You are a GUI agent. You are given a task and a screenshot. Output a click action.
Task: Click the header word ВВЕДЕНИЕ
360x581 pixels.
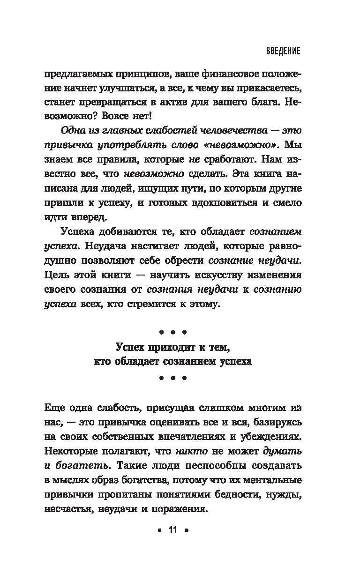pyautogui.click(x=279, y=51)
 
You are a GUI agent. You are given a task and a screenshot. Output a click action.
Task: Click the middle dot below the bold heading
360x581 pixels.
pyautogui.click(x=172, y=377)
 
